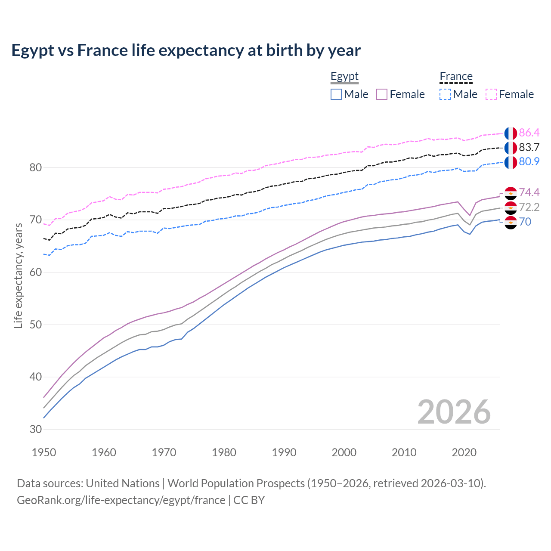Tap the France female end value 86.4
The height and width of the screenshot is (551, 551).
pos(529,133)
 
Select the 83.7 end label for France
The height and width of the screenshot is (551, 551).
pos(529,147)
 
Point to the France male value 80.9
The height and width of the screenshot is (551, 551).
pos(529,161)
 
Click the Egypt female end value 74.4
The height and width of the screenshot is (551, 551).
pos(529,192)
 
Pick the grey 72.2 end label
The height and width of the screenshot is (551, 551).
pos(529,207)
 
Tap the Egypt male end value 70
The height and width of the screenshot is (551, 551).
pos(525,222)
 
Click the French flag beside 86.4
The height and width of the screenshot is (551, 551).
pos(511,133)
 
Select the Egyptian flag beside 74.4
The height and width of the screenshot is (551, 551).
pos(511,193)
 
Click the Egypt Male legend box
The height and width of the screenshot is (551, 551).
pos(336,94)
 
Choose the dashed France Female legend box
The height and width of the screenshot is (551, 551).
pos(491,94)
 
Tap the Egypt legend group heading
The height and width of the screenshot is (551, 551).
pos(344,77)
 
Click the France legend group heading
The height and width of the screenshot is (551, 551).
pos(456,77)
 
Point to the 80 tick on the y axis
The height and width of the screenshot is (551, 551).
pos(35,167)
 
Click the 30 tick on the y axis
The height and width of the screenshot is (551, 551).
pos(35,429)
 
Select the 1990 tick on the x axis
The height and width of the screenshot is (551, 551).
pos(284,452)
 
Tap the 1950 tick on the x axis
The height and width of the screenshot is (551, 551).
pos(44,452)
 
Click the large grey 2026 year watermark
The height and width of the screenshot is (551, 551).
pos(454,412)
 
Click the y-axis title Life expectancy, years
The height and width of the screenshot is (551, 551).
pos(18,275)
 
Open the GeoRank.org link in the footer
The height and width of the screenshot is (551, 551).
pos(121,500)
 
